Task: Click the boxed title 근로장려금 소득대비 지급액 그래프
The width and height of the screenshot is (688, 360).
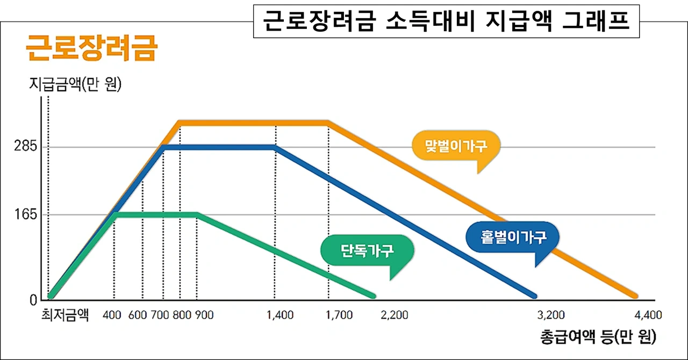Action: click(447, 21)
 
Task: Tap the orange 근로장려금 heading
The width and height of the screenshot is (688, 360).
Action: click(91, 49)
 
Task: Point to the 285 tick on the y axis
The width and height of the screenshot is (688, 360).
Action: click(26, 147)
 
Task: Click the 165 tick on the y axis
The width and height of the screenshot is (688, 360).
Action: click(26, 215)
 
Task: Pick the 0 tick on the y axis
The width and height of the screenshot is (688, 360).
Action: click(33, 300)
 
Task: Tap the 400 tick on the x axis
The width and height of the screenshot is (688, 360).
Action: click(112, 315)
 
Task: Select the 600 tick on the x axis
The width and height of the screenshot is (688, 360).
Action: click(139, 315)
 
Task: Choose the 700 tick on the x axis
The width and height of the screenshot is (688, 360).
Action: click(161, 315)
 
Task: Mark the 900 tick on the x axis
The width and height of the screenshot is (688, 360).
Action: click(204, 315)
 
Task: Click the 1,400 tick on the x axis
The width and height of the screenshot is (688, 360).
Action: click(280, 315)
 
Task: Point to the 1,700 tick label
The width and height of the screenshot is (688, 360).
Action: click(339, 315)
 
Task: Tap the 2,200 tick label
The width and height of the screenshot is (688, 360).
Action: click(394, 315)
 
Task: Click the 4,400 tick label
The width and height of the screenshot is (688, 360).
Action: click(648, 315)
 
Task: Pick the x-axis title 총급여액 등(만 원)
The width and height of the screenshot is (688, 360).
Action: click(598, 338)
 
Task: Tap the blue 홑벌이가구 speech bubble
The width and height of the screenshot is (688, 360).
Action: click(513, 237)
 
